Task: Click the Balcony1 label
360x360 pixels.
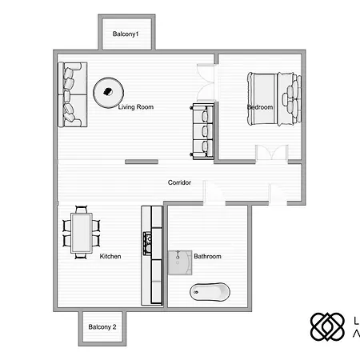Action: tap(126, 34)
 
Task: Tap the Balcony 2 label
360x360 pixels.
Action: tap(102, 327)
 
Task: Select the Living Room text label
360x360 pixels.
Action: tap(135, 106)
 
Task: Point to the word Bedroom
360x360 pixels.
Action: tap(260, 106)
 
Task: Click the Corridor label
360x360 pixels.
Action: tap(179, 182)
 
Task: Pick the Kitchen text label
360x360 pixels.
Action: tap(110, 256)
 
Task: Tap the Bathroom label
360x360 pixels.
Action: tap(207, 256)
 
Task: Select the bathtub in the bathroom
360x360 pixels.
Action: tap(210, 291)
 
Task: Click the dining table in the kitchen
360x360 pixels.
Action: tap(82, 232)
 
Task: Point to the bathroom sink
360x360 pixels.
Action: tap(178, 262)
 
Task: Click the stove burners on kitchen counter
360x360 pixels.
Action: tap(146, 239)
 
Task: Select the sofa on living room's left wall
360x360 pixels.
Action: tap(70, 94)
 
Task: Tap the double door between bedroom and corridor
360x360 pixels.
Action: tap(270, 154)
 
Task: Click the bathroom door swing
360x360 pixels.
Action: tap(213, 194)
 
